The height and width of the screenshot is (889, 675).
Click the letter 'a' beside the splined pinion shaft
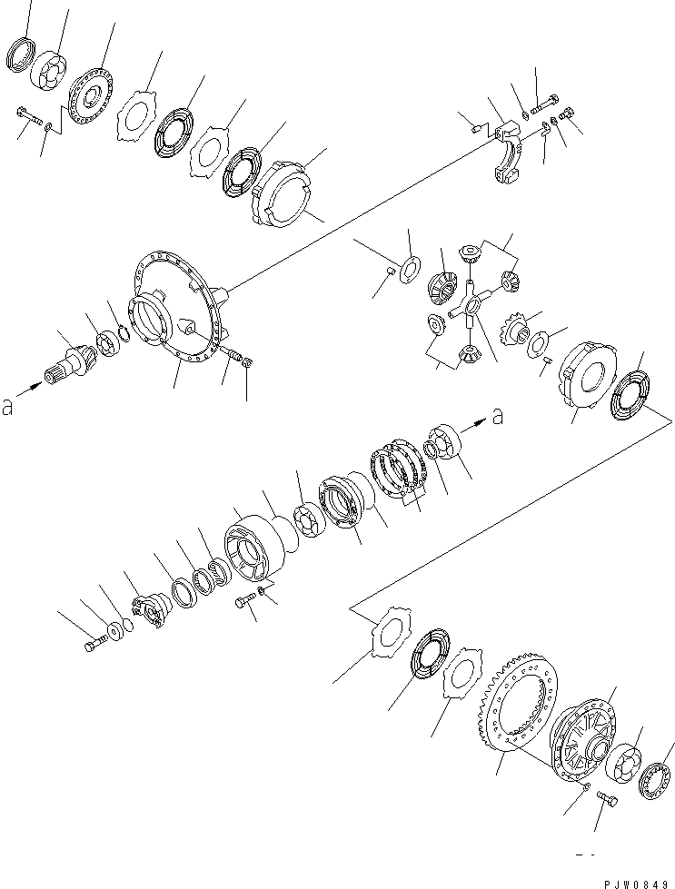(8, 408)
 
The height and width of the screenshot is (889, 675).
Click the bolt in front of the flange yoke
(94, 645)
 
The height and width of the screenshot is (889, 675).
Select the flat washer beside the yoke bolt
(116, 629)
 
